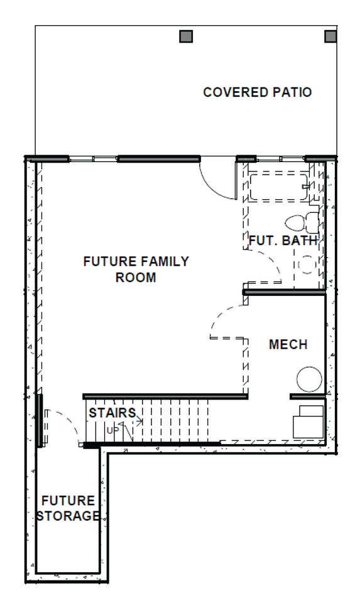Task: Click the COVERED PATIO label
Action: click(258, 92)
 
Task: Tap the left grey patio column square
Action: click(185, 36)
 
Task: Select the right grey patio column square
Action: click(330, 36)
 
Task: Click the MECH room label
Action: click(288, 345)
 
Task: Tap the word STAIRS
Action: click(112, 413)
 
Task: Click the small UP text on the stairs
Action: click(112, 430)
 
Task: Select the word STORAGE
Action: click(70, 516)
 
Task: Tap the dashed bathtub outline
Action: click(278, 187)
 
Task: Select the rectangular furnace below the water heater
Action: click(308, 421)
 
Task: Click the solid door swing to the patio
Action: click(215, 177)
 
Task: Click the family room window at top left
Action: click(93, 158)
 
